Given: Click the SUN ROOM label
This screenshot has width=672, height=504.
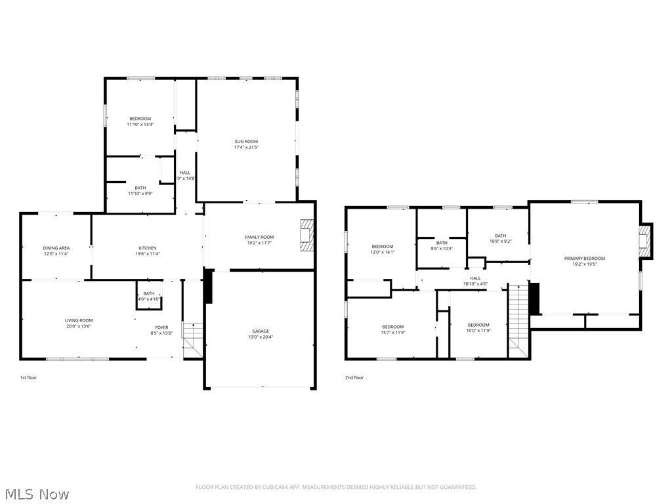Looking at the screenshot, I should point(247,141).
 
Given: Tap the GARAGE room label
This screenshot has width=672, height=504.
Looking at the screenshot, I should point(261,331).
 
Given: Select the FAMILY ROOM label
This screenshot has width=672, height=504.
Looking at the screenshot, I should point(259,237).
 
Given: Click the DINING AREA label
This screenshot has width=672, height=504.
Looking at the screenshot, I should point(56,248).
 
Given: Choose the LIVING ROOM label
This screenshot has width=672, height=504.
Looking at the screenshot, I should point(79,320).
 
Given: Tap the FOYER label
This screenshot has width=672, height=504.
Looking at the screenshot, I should point(161,327).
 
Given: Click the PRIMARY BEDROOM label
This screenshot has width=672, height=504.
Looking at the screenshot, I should point(584,258).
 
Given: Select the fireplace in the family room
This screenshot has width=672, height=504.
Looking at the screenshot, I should point(307,234).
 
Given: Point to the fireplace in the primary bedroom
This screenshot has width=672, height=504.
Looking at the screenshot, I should point(646,241).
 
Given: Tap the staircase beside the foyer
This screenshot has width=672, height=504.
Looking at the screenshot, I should point(192,339).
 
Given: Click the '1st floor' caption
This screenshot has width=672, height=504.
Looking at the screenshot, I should point(28,377).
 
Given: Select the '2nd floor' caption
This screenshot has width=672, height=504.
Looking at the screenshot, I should point(354,377).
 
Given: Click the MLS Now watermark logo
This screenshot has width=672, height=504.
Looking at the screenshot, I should point(36,493).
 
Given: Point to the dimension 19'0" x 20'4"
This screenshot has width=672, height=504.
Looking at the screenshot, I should point(261,337).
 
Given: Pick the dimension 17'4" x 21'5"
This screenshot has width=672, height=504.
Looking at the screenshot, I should point(247,148).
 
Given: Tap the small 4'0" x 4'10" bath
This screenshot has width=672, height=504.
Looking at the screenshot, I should point(149,296).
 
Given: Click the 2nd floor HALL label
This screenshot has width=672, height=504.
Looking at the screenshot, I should point(475,278).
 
